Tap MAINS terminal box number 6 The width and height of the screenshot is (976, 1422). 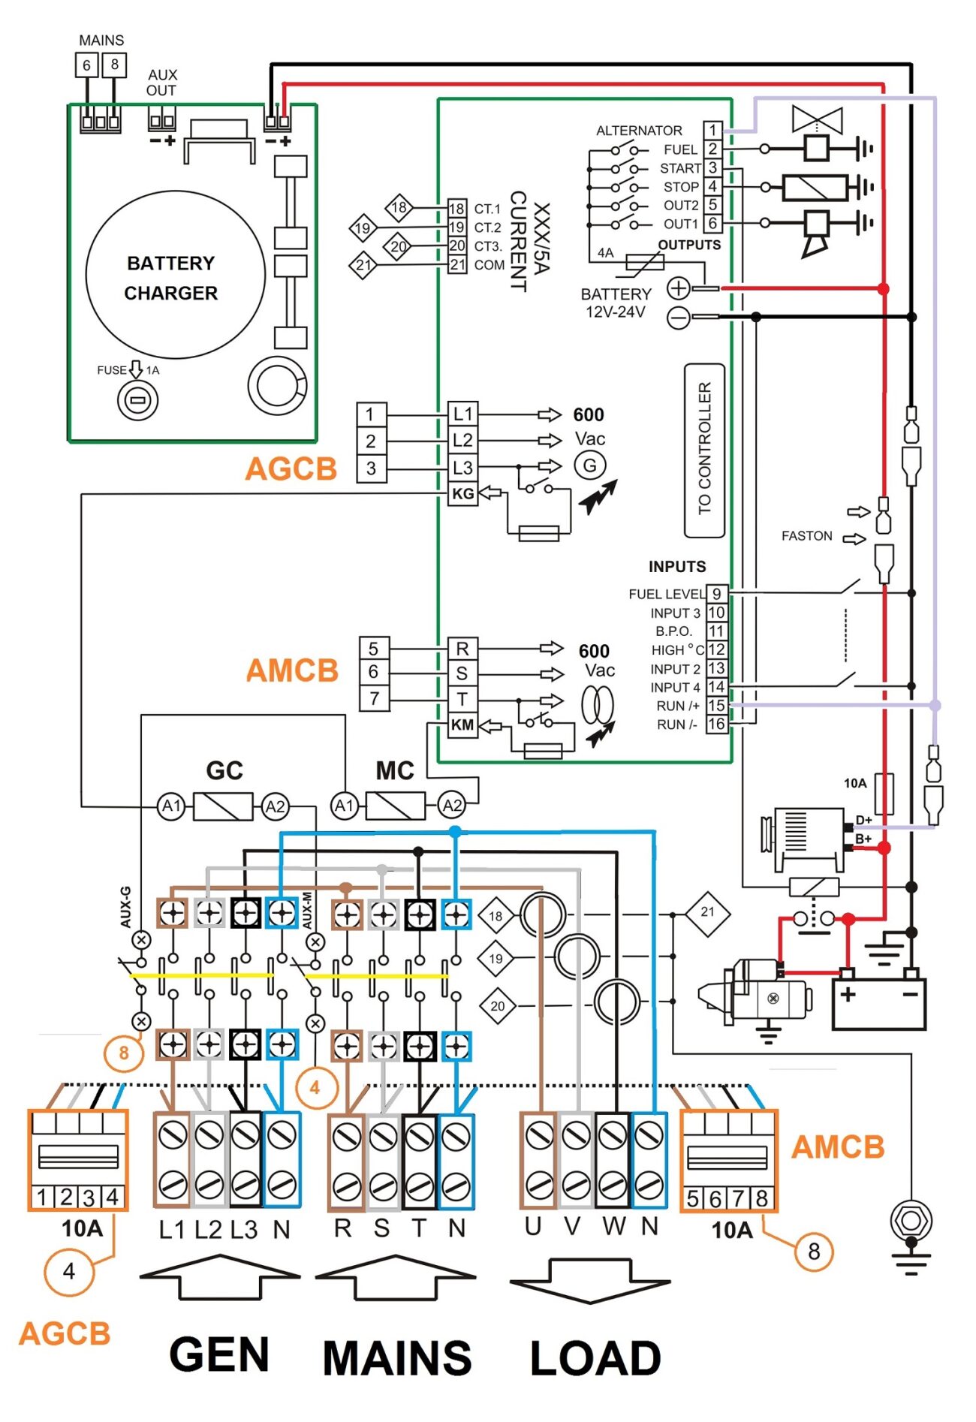pyautogui.click(x=86, y=65)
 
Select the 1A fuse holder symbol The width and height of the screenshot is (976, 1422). pyautogui.click(x=137, y=400)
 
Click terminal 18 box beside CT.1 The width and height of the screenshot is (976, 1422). pyautogui.click(x=456, y=209)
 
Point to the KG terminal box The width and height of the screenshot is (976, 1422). pyautogui.click(x=462, y=494)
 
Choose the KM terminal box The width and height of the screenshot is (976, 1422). pyautogui.click(x=462, y=725)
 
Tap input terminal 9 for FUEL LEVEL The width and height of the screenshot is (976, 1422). pyautogui.click(x=717, y=594)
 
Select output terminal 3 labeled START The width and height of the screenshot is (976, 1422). pyautogui.click(x=712, y=167)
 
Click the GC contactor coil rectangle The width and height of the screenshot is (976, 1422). pyautogui.click(x=223, y=806)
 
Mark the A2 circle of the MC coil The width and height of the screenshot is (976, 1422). pyautogui.click(x=452, y=806)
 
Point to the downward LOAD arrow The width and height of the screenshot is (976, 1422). pyautogui.click(x=590, y=1280)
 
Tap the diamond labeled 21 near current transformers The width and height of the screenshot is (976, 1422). pyautogui.click(x=707, y=912)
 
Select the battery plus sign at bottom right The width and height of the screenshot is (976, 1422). pyautogui.click(x=848, y=995)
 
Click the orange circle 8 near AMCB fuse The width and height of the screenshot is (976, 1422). pyautogui.click(x=814, y=1252)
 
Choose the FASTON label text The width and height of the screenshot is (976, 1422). pyautogui.click(x=806, y=536)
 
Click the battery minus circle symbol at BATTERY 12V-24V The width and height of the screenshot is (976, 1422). pyautogui.click(x=679, y=318)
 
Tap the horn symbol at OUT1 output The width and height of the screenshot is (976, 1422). pyautogui.click(x=816, y=234)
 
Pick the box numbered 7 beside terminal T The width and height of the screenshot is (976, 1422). pyautogui.click(x=373, y=698)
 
